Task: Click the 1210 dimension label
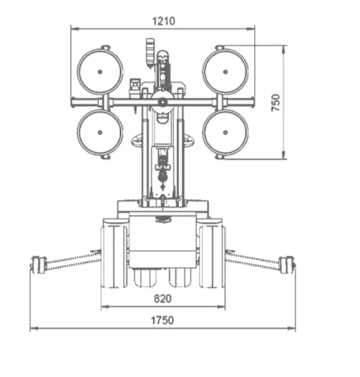coord(164,21)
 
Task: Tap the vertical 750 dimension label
coord(276,103)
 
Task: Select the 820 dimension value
coord(163,299)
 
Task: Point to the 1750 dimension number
coord(162,321)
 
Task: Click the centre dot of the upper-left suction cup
coord(100,72)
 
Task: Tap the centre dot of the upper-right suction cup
coord(225,72)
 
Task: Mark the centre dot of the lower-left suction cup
coord(100,133)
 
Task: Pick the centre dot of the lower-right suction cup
coord(225,133)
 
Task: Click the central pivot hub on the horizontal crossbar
coord(163,103)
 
